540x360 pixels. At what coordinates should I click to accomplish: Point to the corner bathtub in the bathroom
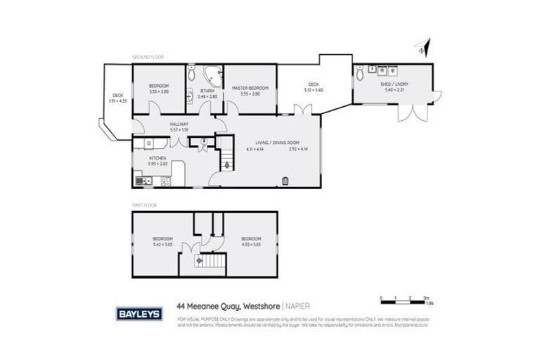211,75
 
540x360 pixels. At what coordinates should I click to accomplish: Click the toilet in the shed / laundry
361,72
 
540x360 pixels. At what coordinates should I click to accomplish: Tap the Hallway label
179,123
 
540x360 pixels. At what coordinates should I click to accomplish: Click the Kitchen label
157,160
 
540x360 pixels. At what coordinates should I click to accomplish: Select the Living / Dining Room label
275,141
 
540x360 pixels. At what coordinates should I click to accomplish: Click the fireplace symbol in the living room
285,181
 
